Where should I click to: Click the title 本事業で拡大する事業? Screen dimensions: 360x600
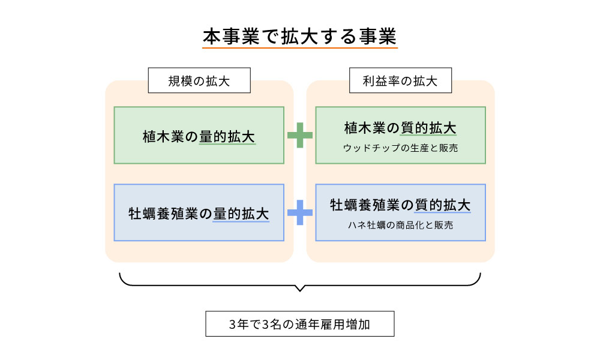[x=299, y=36]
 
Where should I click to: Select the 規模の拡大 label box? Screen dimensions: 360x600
[x=199, y=80]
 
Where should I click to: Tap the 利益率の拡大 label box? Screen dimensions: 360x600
[x=400, y=80]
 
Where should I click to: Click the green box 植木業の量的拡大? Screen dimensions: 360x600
[x=199, y=135]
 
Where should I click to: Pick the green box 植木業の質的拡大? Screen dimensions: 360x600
[x=400, y=135]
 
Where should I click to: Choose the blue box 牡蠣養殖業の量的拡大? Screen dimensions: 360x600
[x=199, y=212]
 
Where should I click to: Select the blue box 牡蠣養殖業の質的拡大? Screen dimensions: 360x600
[x=400, y=212]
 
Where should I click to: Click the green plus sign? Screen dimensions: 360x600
[x=300, y=135]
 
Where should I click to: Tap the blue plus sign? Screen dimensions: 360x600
[x=300, y=212]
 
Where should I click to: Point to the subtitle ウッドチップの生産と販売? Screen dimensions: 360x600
[x=400, y=148]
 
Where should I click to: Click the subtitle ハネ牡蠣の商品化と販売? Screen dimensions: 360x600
[x=400, y=225]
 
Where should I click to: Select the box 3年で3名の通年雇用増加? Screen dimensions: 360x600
[x=299, y=324]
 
